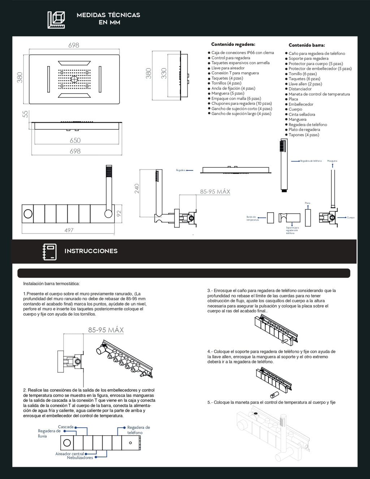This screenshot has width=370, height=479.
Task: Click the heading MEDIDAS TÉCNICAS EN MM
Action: [x=108, y=18]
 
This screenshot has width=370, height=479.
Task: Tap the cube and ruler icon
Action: [x=56, y=20]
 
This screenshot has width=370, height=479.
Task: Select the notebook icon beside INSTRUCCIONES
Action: [x=50, y=252]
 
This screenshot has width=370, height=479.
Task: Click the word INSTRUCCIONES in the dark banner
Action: [x=91, y=251]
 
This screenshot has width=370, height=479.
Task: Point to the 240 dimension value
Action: [x=137, y=188]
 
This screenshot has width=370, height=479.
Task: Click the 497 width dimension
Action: [x=69, y=230]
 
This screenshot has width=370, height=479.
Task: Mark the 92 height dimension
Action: [x=119, y=213]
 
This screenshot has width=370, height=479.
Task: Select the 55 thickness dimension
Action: [x=25, y=114]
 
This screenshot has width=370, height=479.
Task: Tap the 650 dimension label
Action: [x=75, y=140]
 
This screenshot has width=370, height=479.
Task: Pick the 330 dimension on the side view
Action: [x=164, y=73]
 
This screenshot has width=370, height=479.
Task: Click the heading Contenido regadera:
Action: [x=233, y=44]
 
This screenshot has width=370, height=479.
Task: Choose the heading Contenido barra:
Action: [x=306, y=45]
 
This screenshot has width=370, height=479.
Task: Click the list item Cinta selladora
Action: [x=302, y=114]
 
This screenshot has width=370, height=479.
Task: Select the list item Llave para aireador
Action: [x=228, y=68]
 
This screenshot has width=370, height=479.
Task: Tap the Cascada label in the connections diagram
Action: [x=66, y=427]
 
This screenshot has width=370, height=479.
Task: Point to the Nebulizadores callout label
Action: [x=80, y=458]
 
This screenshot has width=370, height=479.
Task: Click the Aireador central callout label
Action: [x=69, y=454]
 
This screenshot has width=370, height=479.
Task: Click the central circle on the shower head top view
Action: [x=74, y=79]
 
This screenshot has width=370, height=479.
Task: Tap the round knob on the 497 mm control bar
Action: [x=28, y=214]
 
